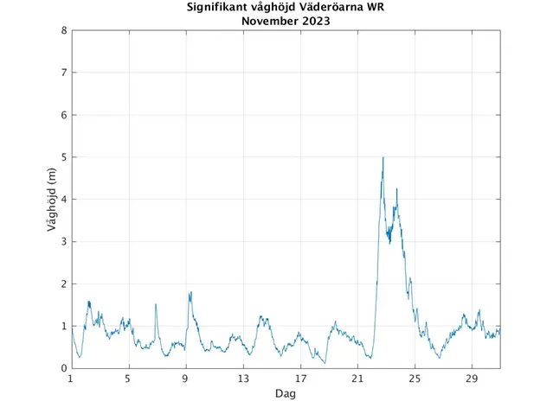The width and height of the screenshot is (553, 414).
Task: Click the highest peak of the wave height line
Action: (383, 157)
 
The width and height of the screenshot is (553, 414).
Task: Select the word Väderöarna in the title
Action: (334, 9)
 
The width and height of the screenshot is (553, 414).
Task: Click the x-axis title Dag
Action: (285, 394)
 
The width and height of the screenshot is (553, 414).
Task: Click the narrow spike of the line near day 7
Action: (156, 304)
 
